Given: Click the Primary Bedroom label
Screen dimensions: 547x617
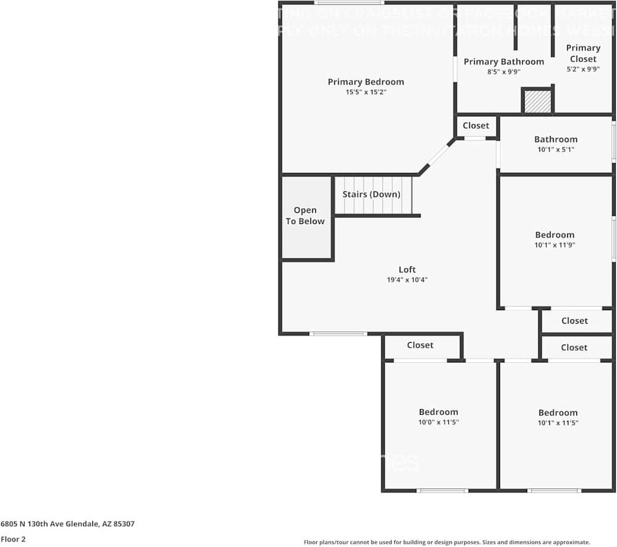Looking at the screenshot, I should click(366, 82).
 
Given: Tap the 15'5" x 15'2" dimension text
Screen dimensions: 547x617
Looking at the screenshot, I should click(366, 92).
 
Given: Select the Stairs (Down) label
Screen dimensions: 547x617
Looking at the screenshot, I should click(371, 194).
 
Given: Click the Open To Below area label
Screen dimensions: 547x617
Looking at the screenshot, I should click(305, 216).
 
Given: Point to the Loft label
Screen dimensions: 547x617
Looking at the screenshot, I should click(407, 270).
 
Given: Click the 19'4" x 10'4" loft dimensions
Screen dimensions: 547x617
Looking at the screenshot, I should click(407, 280).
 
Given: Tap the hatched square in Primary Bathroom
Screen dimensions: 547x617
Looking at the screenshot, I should click(538, 102).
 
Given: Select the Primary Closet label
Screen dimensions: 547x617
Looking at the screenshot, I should click(583, 54).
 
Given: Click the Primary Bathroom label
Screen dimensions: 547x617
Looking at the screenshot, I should click(504, 62).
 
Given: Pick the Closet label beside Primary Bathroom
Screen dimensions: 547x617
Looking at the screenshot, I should click(476, 126).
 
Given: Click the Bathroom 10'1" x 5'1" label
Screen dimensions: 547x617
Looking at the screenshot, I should click(556, 140).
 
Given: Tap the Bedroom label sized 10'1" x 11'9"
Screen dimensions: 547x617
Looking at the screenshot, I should click(555, 234).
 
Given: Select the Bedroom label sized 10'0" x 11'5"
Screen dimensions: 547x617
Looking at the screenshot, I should click(438, 412).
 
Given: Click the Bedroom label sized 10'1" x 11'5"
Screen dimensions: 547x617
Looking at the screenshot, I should click(558, 413).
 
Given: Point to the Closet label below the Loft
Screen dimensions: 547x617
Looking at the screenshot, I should click(420, 345).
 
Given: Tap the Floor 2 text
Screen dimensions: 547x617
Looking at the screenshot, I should click(13, 539).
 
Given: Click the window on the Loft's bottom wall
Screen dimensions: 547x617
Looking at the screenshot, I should click(338, 334).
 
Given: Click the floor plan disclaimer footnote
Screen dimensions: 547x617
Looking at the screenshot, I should click(446, 542).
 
